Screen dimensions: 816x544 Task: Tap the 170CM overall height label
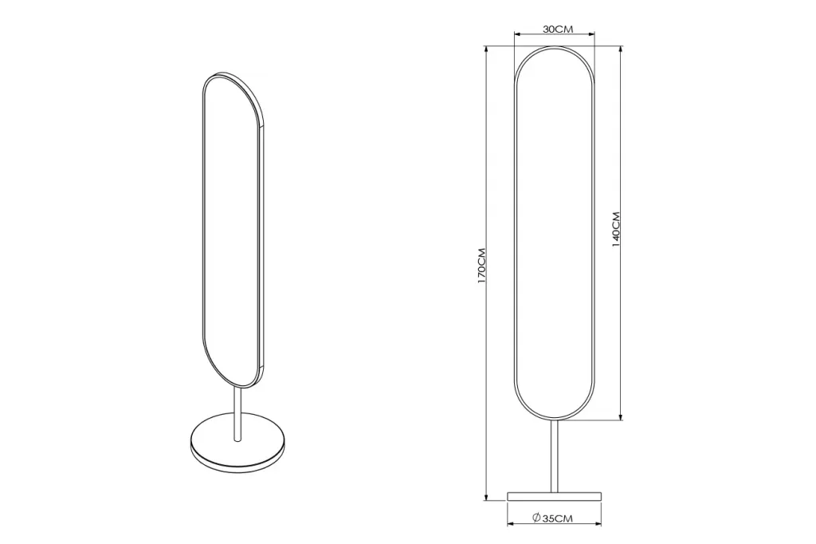(x=482, y=266)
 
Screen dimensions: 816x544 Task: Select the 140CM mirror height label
(x=616, y=229)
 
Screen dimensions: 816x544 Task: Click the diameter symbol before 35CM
(x=536, y=518)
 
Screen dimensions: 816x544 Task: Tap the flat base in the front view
(x=555, y=496)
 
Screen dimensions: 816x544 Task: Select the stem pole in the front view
(x=555, y=455)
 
